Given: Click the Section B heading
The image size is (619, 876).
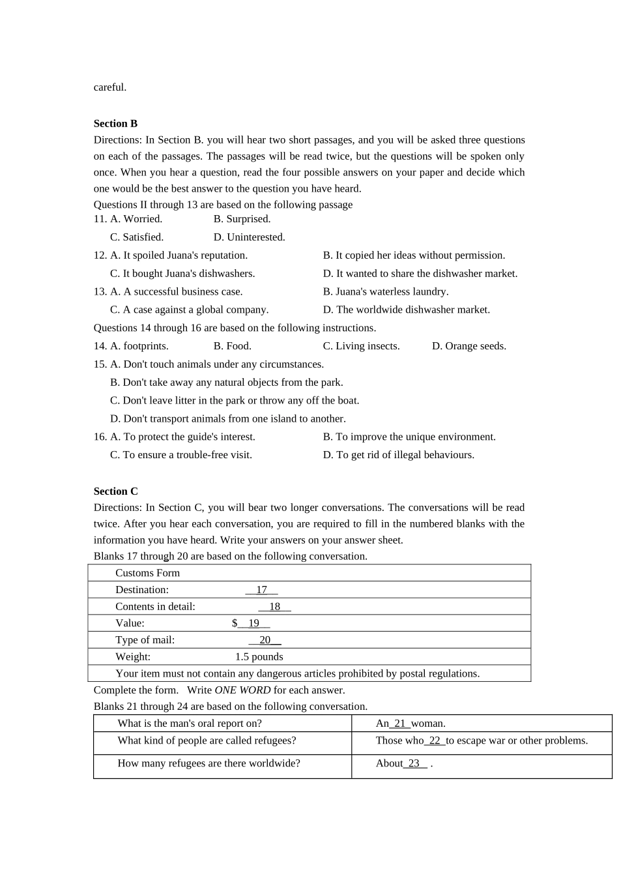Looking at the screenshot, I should tap(115, 124).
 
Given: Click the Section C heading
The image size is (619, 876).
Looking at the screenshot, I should tap(115, 491).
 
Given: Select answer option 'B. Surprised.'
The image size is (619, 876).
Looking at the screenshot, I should tap(242, 219).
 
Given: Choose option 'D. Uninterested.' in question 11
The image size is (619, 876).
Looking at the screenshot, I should tap(249, 237).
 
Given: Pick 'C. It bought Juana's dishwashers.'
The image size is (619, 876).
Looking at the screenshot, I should tap(182, 274).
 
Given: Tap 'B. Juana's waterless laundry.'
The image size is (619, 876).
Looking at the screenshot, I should tap(385, 292).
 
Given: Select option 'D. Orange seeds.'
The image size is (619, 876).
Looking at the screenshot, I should tap(468, 346).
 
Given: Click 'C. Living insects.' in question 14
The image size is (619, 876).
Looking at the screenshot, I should tap(361, 346).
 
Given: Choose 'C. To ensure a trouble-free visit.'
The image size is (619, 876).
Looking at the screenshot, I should tap(180, 455).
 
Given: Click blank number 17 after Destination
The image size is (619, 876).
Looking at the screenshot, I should tap(261, 590).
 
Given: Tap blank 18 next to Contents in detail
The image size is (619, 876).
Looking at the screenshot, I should tap(274, 607).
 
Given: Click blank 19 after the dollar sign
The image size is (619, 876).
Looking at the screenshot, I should tap(253, 623).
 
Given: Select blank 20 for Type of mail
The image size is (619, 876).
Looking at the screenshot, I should tap(265, 640).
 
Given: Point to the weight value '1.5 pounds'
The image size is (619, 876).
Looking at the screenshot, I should tap(259, 657).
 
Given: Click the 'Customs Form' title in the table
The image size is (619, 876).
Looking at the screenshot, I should tap(147, 573).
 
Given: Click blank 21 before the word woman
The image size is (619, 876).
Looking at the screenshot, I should tap(400, 723).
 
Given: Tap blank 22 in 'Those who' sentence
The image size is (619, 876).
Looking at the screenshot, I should tap(435, 740).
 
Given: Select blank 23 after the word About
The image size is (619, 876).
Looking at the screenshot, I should tap(414, 763).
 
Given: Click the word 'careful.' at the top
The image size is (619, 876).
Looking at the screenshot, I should tap(110, 87).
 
